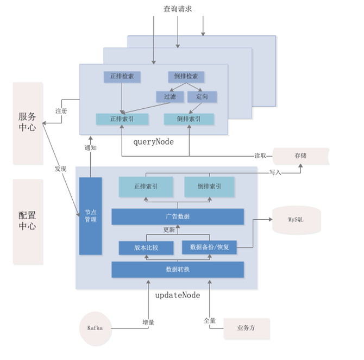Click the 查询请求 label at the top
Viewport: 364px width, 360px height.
[x=177, y=9]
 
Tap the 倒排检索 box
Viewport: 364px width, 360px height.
[x=186, y=77]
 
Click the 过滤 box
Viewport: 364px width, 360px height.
[x=166, y=97]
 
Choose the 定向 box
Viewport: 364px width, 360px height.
[x=202, y=97]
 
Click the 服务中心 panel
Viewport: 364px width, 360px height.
[x=28, y=122]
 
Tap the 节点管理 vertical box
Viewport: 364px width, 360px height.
[x=90, y=215]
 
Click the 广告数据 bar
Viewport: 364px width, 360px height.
[x=178, y=216]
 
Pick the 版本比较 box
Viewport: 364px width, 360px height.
[x=146, y=248]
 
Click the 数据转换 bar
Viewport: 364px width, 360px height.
[x=178, y=269]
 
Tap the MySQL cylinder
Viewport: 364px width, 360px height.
[x=296, y=220]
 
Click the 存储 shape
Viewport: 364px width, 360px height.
[x=300, y=156]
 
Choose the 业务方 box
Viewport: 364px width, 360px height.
[x=246, y=328]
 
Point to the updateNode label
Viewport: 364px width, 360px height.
[x=178, y=295]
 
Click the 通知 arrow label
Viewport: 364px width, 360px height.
[x=90, y=147]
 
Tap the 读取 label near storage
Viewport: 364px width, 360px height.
[x=261, y=156]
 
